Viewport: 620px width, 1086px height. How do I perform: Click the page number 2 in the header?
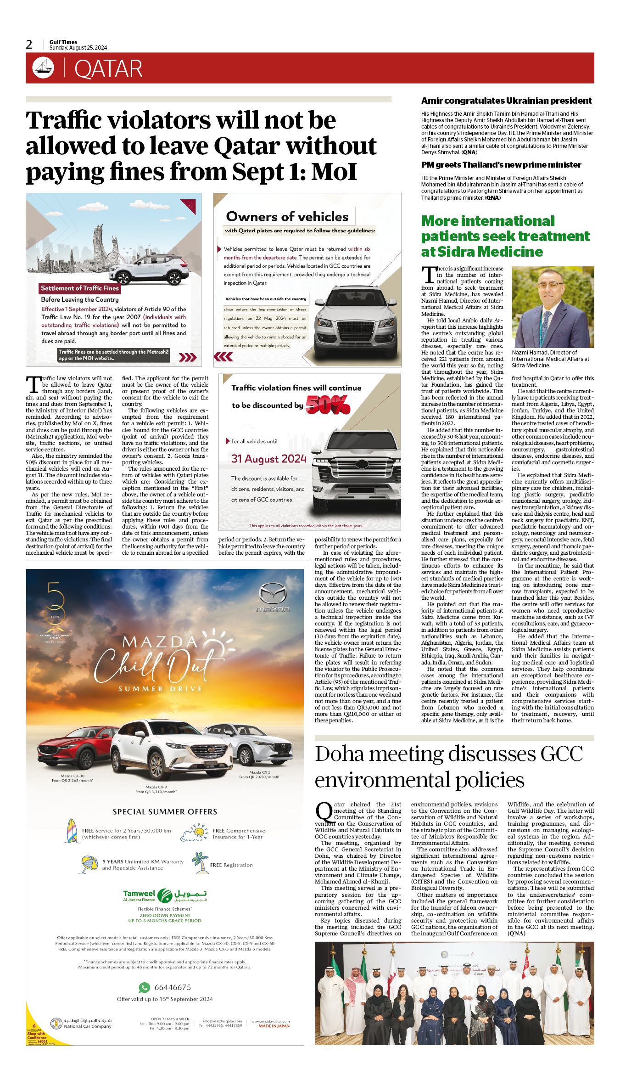pyautogui.click(x=29, y=45)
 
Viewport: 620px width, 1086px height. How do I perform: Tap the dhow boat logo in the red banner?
pyautogui.click(x=43, y=68)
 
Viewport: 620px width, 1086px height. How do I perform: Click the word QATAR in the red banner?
pyautogui.click(x=108, y=69)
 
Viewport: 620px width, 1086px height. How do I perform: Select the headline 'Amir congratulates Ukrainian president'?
pyautogui.click(x=506, y=101)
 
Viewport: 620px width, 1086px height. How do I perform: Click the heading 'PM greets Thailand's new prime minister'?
pyautogui.click(x=501, y=165)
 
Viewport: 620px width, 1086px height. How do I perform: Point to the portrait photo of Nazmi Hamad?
pyautogui.click(x=553, y=307)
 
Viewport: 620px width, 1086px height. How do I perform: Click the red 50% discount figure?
pyautogui.click(x=328, y=405)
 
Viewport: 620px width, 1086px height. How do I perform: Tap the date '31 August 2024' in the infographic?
pyautogui.click(x=268, y=459)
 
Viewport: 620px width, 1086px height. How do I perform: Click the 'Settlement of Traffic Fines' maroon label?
pyautogui.click(x=80, y=288)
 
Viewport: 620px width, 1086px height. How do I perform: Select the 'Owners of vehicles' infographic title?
pyautogui.click(x=287, y=217)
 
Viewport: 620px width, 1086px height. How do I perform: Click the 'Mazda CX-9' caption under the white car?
pyautogui.click(x=156, y=787)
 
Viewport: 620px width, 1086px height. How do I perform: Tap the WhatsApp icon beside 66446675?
pyautogui.click(x=145, y=987)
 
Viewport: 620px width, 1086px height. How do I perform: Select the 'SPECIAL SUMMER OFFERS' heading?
pyautogui.click(x=165, y=812)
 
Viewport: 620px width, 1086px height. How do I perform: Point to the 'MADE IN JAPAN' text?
pyautogui.click(x=274, y=1026)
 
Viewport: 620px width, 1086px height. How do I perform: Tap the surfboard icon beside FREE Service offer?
pyautogui.click(x=73, y=831)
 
